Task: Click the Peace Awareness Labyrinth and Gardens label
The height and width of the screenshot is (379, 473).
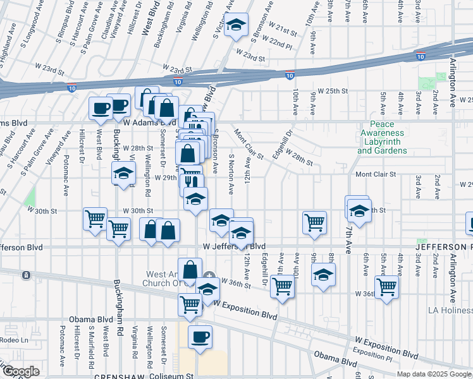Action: [382, 138]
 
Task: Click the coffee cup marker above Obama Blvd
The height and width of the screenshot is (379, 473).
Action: [200, 337]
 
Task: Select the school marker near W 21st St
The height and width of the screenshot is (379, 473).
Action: [236, 26]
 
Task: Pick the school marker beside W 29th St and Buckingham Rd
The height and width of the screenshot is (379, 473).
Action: [124, 174]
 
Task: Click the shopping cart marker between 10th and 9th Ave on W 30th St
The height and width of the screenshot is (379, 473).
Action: [314, 222]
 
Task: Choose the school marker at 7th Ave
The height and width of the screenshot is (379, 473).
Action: [359, 211]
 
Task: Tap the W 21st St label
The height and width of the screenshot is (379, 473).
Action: [282, 31]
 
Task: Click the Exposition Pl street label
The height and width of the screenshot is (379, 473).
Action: [369, 351]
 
